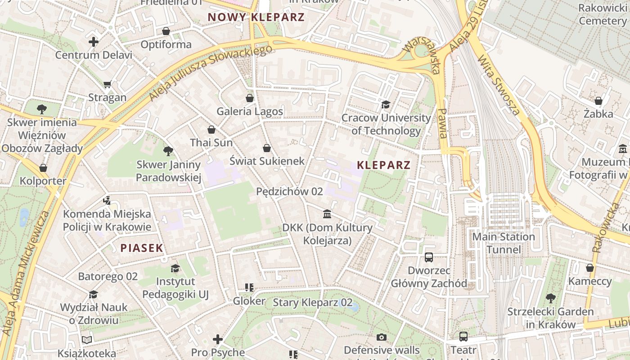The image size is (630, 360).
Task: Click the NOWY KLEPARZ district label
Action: pyautogui.click(x=256, y=18)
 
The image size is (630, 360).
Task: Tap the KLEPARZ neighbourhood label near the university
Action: pyautogui.click(x=383, y=165)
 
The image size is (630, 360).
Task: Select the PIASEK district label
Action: pyautogui.click(x=141, y=248)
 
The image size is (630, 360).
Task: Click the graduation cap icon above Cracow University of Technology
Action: pyautogui.click(x=386, y=105)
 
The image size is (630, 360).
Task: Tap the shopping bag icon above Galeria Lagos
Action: pyautogui.click(x=250, y=98)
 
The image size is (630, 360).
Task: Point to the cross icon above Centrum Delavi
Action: pyautogui.click(x=94, y=42)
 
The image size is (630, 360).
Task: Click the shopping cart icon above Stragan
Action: pyautogui.click(x=107, y=84)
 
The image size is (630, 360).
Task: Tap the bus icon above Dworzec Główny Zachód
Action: pyautogui.click(x=429, y=257)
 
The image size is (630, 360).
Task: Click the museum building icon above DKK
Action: pyautogui.click(x=328, y=214)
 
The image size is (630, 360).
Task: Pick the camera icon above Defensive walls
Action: pyautogui.click(x=382, y=337)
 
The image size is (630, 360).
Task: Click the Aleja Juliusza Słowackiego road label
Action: pyautogui.click(x=211, y=73)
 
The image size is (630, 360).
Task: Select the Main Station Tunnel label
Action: pyautogui.click(x=503, y=243)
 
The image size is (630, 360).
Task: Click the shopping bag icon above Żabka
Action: pyautogui.click(x=598, y=101)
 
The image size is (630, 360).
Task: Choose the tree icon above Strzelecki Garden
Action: pyautogui.click(x=550, y=298)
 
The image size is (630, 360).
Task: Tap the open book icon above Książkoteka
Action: pyautogui.click(x=87, y=340)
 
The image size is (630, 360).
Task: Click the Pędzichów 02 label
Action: pyautogui.click(x=289, y=191)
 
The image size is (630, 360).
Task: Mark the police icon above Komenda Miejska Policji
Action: pyautogui.click(x=107, y=200)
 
